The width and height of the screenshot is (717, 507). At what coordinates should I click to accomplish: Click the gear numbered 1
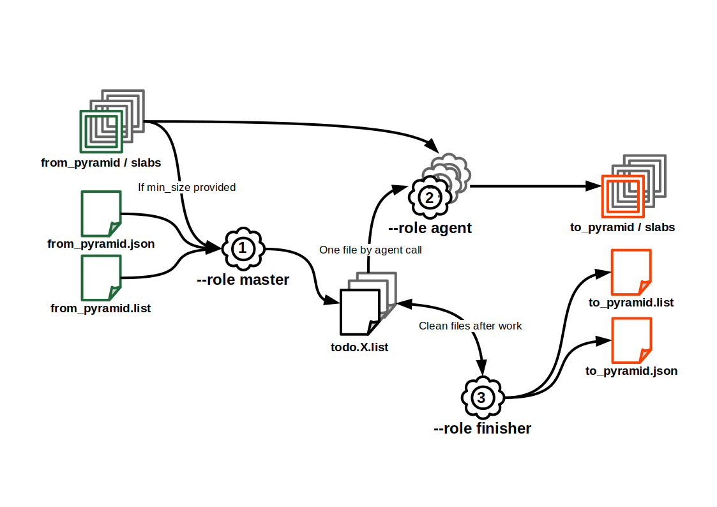pos(243,248)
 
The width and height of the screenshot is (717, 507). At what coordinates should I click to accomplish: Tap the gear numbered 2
pos(430,197)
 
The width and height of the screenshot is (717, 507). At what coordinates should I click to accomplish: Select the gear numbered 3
pos(482,398)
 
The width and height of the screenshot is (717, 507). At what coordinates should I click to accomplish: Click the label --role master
pos(243,280)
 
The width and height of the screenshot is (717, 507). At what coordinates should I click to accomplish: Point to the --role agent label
pos(430,228)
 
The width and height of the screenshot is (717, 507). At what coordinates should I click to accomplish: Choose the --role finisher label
pos(482,428)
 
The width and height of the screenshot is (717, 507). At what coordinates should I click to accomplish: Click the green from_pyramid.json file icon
pos(101,213)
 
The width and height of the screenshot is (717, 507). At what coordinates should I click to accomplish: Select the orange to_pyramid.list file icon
pos(631,272)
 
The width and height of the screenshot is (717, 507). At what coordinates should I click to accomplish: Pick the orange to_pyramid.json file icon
pos(631,340)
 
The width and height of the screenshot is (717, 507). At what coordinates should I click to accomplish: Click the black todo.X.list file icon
pos(360,312)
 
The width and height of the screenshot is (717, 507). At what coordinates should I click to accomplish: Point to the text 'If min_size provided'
pos(187,187)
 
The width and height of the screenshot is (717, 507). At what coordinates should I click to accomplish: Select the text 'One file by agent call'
pos(370,250)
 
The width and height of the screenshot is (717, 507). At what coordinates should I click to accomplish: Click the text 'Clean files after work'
pos(470,326)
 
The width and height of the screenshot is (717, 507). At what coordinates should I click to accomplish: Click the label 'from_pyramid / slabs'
pos(101,163)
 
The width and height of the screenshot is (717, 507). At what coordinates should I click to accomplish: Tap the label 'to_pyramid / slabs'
pos(623,227)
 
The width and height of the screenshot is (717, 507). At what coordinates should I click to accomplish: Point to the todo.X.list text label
pos(360,347)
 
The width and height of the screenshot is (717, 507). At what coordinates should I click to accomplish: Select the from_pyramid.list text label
pos(101,309)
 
